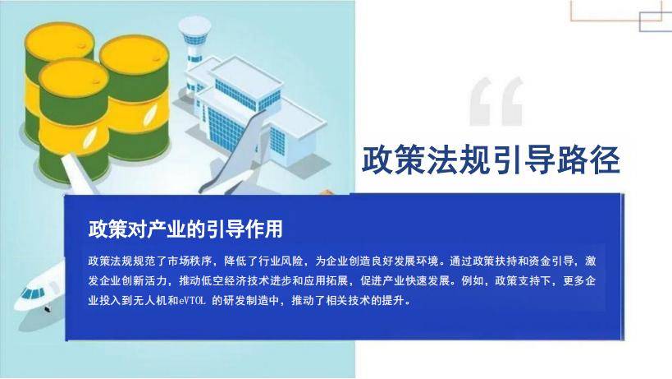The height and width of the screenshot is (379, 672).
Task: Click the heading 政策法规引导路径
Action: [491, 160]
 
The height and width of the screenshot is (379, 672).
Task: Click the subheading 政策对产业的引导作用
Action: [185, 229]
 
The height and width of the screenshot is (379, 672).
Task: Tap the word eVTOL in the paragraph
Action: [193, 300]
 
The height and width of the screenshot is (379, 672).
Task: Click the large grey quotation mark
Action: [496, 101]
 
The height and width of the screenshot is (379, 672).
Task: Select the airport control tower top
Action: [194, 31]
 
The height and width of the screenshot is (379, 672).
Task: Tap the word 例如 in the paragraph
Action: [473, 280]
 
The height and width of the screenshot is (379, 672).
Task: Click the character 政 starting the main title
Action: [377, 160]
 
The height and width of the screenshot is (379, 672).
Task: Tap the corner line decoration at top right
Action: [621, 16]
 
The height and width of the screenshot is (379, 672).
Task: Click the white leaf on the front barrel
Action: [89, 137]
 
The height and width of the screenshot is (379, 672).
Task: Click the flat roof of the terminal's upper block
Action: [246, 76]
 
